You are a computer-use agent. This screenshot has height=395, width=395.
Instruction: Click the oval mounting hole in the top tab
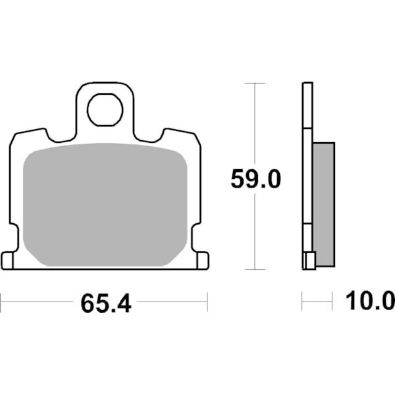click(x=106, y=109)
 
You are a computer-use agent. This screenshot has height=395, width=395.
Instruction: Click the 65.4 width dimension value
click(x=106, y=304)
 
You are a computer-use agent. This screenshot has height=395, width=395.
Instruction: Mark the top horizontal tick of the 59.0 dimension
click(x=254, y=84)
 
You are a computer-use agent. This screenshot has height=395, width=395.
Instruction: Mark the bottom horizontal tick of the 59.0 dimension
click(x=254, y=269)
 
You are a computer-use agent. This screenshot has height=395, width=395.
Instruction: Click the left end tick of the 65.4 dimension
click(x=1, y=303)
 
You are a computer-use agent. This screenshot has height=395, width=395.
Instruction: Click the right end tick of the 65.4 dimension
click(x=207, y=303)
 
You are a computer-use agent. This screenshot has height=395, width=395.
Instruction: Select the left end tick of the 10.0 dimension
click(x=302, y=303)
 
